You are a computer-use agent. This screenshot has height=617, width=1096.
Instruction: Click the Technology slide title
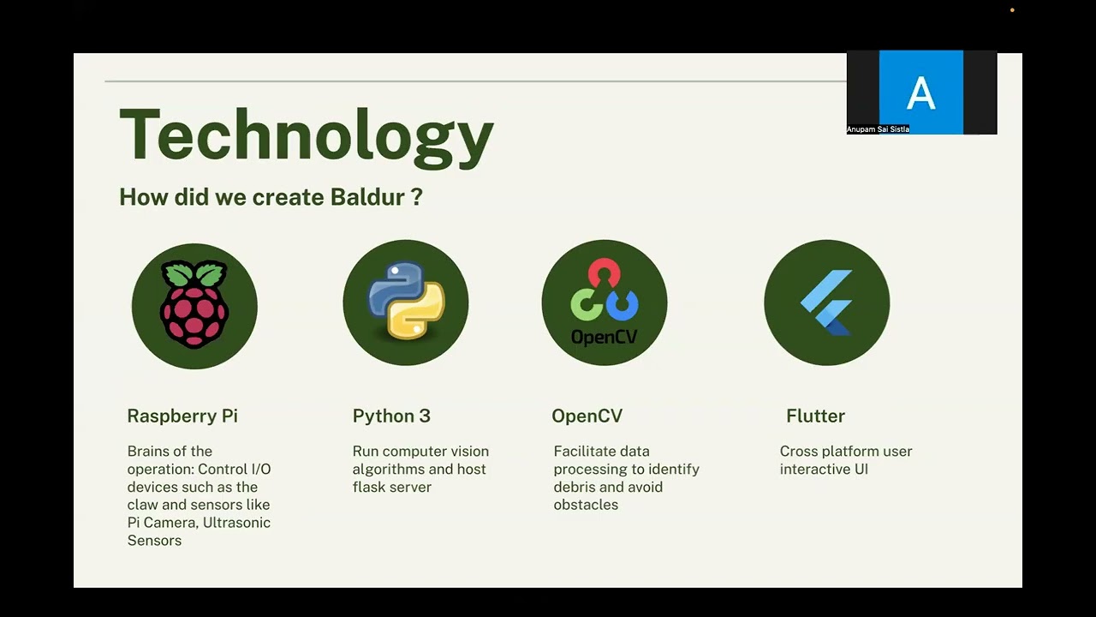coord(306,135)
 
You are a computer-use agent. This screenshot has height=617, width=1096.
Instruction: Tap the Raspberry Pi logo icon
coord(194,305)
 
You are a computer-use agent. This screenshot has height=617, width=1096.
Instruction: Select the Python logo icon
coord(406,303)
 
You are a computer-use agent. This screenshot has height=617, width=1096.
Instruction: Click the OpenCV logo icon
coord(605,303)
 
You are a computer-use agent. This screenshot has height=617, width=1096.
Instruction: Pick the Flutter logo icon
coord(826,303)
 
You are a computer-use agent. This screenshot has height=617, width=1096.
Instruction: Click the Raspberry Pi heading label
coord(182,416)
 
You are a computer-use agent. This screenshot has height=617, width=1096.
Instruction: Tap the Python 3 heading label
coord(391,416)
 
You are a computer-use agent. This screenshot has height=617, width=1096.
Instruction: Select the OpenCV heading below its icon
coord(587,416)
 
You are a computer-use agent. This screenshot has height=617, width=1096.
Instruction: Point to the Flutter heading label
coord(815,416)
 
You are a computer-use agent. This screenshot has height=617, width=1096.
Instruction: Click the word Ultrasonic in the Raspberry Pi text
coord(236,523)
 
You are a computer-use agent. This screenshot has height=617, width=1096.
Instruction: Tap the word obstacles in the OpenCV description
coord(586,505)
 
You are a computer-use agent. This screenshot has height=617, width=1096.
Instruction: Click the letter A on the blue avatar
coord(920,93)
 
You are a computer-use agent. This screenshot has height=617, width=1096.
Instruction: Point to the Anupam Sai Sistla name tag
coord(878,129)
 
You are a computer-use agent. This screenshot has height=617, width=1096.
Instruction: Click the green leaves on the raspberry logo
coord(194,274)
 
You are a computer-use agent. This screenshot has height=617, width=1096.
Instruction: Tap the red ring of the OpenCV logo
coord(605,273)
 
